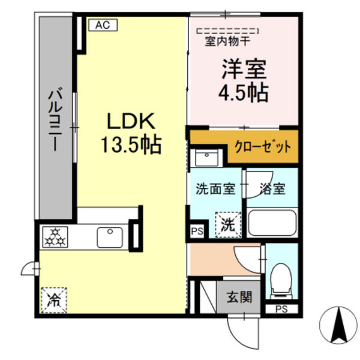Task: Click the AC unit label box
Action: click(x=103, y=25)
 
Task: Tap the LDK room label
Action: click(x=131, y=122)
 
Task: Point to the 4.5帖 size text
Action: click(x=243, y=93)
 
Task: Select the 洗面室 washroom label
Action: click(x=215, y=188)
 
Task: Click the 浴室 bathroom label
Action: click(x=273, y=188)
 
